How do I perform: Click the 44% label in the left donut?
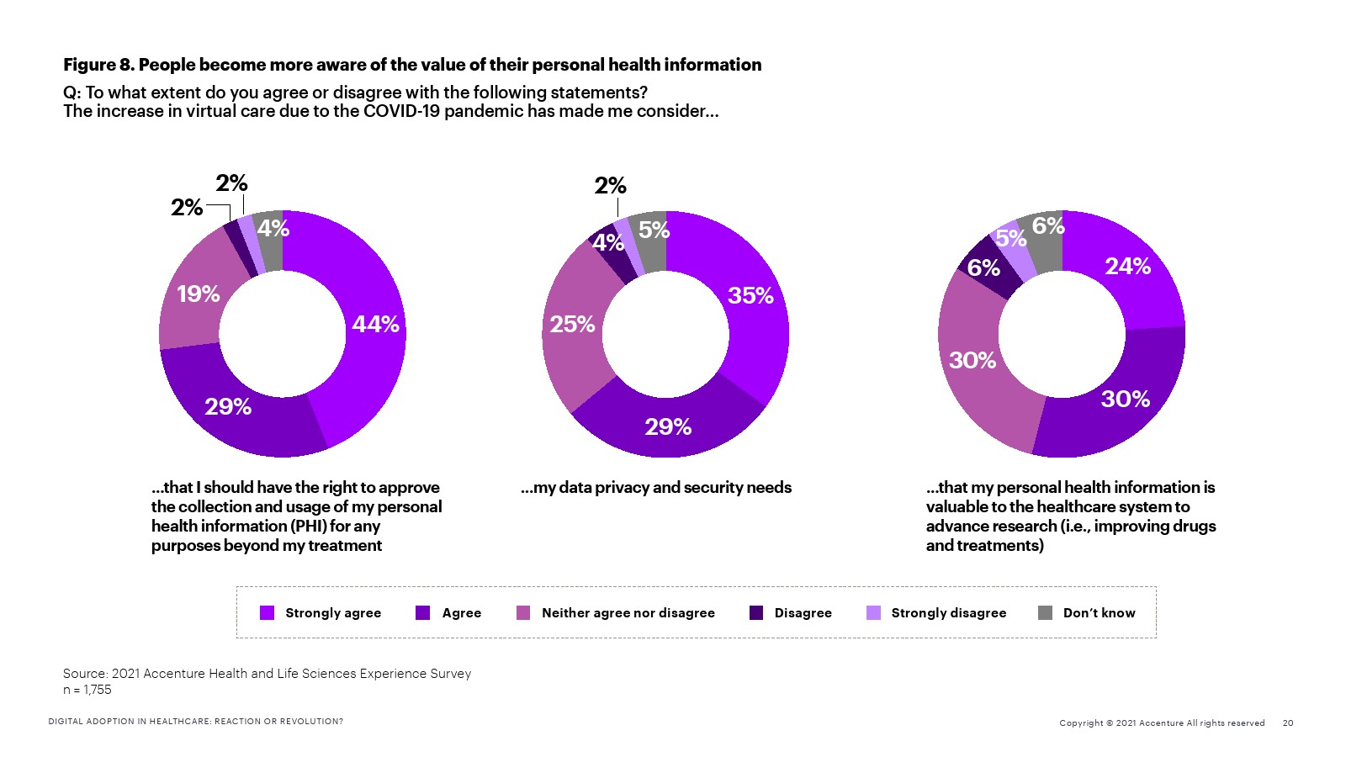[x=375, y=325]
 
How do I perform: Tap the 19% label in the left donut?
[x=199, y=294]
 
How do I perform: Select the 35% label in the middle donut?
[x=750, y=296]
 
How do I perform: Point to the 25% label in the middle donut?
[x=572, y=325]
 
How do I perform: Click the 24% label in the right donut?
[x=1127, y=267]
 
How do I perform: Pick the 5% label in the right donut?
[x=1011, y=239]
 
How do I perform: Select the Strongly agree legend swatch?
[x=268, y=612]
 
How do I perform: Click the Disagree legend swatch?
[x=756, y=612]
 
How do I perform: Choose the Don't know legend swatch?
[x=1046, y=612]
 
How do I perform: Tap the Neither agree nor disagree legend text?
[x=628, y=613]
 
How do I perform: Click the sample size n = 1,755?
[x=87, y=690]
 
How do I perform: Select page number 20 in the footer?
[x=1288, y=723]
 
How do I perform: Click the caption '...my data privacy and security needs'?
[x=656, y=488]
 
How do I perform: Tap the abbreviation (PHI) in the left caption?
[x=308, y=527]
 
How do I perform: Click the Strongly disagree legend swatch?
[x=874, y=612]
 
